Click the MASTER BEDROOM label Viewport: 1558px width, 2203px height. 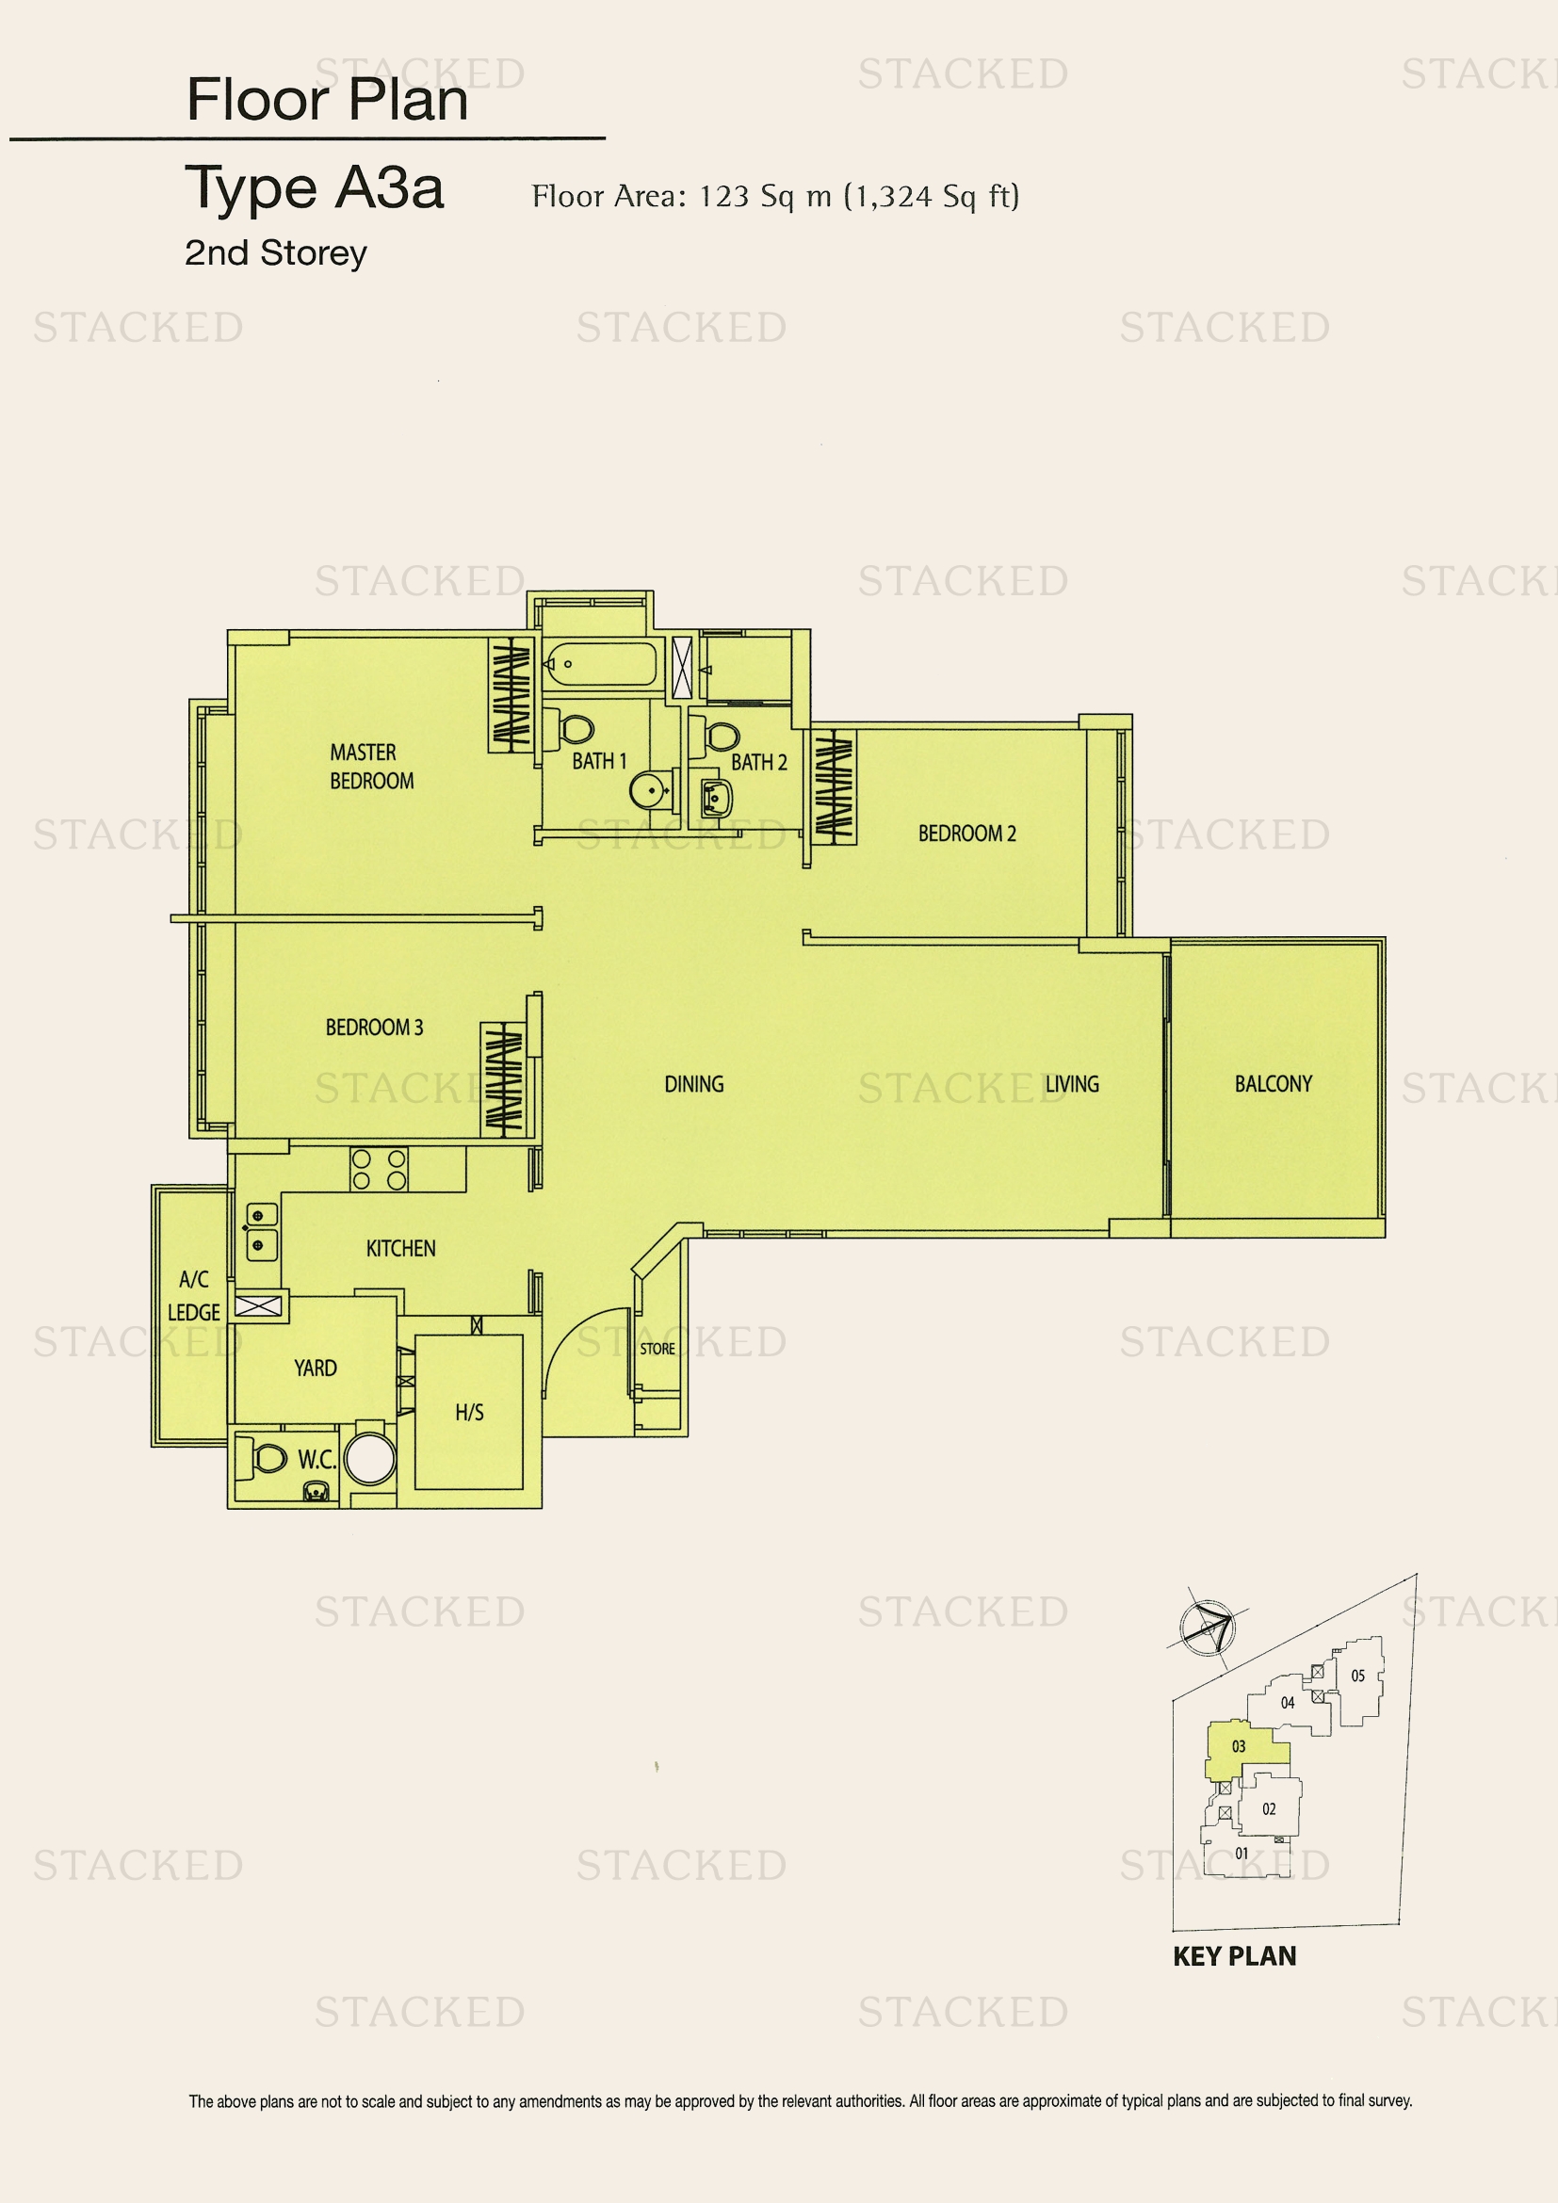[x=372, y=767]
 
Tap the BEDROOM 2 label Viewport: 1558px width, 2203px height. [x=967, y=833]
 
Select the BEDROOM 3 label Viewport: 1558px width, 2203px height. [x=374, y=1028]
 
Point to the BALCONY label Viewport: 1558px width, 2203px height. [x=1274, y=1083]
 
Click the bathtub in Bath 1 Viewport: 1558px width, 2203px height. [x=601, y=664]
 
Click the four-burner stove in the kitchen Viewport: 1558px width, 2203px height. [x=379, y=1170]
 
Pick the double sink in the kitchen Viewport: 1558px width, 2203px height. [x=260, y=1232]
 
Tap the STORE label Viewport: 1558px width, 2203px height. [x=657, y=1348]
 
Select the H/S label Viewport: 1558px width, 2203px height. [x=469, y=1413]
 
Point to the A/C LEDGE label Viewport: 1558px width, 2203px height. [x=194, y=1295]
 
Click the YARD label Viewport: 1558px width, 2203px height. [x=316, y=1368]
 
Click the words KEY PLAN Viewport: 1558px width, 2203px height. [x=1235, y=1956]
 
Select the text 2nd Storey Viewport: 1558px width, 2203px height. [x=275, y=253]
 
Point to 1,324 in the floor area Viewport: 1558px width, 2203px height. [x=892, y=198]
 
